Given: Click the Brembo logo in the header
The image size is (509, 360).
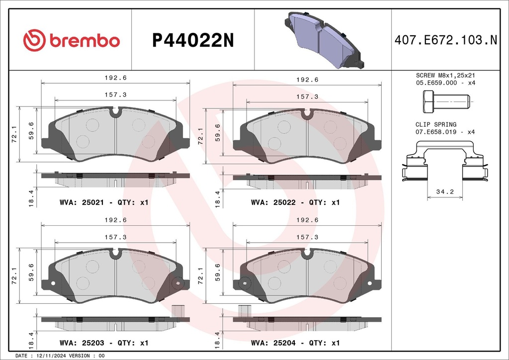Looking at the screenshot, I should pos(71,41).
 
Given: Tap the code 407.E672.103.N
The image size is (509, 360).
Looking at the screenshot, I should pos(445,41).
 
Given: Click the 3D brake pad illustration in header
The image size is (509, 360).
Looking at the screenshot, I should pos(324,40).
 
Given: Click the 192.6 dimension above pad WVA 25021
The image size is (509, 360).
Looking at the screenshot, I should pos(115,78).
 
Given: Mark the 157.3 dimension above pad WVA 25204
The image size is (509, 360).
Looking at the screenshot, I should pos(307,237).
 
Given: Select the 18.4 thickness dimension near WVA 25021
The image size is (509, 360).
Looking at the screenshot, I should pos(31,197).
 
